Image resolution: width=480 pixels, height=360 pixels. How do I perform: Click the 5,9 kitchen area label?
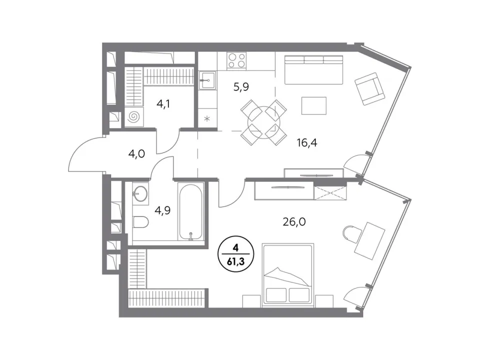[241, 87]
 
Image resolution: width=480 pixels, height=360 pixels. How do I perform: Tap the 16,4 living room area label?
[307, 142]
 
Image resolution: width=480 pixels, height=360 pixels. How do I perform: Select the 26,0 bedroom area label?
[294, 221]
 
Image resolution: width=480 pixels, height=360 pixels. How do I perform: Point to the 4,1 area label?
[163, 104]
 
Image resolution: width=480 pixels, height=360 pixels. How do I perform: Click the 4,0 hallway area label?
[136, 153]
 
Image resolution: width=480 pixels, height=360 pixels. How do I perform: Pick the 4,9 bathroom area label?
[162, 210]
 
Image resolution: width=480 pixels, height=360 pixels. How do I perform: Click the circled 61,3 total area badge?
[235, 254]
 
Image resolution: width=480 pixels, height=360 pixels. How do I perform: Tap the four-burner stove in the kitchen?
[237, 60]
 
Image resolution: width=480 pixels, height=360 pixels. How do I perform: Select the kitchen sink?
[207, 80]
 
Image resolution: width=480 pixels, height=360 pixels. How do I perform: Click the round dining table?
[263, 122]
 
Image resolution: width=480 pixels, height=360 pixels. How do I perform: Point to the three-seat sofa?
[314, 69]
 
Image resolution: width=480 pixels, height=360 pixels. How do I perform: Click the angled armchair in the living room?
[370, 89]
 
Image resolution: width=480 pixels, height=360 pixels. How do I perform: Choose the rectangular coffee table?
[314, 105]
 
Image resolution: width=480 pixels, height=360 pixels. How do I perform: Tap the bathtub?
[190, 212]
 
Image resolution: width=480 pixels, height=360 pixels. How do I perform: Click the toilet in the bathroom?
[141, 221]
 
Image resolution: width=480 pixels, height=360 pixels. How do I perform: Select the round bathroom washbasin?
[140, 194]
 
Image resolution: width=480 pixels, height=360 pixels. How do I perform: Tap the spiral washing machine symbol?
[134, 116]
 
